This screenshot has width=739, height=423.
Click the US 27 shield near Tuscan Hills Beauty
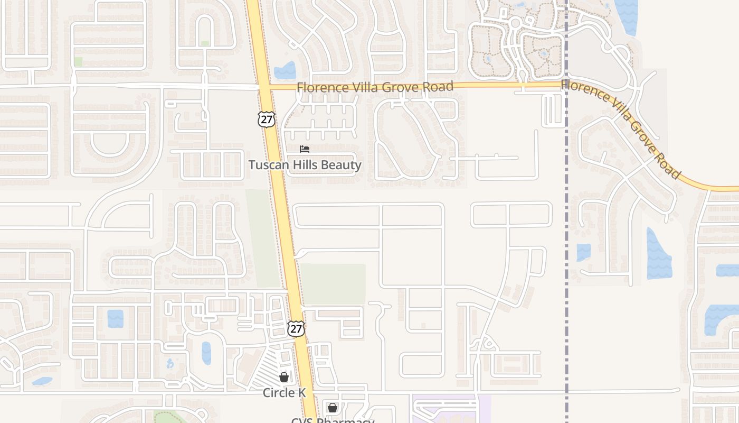pyautogui.click(x=267, y=119)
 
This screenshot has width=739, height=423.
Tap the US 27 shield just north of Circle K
pyautogui.click(x=296, y=328)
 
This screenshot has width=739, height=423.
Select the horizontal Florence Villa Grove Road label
pyautogui.click(x=375, y=87)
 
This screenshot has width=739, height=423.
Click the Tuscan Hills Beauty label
pyautogui.click(x=305, y=165)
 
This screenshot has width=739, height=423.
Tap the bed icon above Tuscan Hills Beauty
pyautogui.click(x=305, y=149)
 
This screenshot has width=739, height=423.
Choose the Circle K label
pyautogui.click(x=284, y=393)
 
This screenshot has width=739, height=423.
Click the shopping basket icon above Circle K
pyautogui.click(x=284, y=377)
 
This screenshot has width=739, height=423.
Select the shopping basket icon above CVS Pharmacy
pyautogui.click(x=332, y=408)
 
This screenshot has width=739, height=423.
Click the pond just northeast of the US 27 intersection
pyautogui.click(x=286, y=71)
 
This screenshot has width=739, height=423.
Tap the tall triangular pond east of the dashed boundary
pyautogui.click(x=658, y=255)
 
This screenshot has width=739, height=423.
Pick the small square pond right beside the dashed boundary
pyautogui.click(x=583, y=252)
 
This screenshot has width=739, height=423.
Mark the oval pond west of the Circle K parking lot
pyautogui.click(x=206, y=353)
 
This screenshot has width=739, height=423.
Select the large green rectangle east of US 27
pyautogui.click(x=333, y=284)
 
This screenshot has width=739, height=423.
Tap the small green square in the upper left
pyautogui.click(x=78, y=62)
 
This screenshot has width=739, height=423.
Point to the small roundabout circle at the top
pyautogui.click(x=515, y=23)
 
